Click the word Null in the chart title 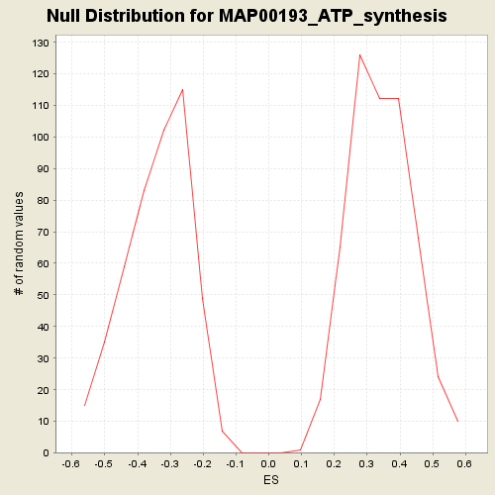tap(63, 16)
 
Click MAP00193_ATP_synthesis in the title tap(333, 17)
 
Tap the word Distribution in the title tap(135, 16)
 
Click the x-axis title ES tap(271, 480)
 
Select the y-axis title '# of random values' tap(19, 244)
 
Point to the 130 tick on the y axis tap(41, 43)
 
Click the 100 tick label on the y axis tap(41, 137)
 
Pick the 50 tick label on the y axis tap(44, 295)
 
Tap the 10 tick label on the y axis tap(44, 422)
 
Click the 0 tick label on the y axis tap(46, 453)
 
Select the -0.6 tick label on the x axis tap(70, 464)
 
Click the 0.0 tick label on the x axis tap(268, 464)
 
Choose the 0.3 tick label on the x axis tap(366, 464)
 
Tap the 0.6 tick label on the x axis tap(464, 464)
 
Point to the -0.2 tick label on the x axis tap(202, 464)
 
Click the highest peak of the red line tap(359, 54)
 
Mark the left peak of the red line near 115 tap(182, 89)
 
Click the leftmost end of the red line tap(85, 405)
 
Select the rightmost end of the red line tap(458, 422)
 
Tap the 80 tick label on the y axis tap(44, 200)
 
